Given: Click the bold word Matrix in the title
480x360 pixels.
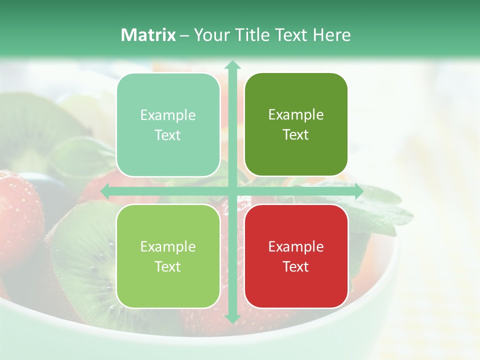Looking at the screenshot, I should [148, 35].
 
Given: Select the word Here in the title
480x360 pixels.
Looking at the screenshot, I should [331, 35].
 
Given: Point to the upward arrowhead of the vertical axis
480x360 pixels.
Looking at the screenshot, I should [232, 64].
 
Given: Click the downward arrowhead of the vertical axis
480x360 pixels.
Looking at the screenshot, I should [232, 318].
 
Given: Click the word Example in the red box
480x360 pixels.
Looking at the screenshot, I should [296, 246].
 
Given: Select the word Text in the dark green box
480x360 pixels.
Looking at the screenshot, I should [296, 134].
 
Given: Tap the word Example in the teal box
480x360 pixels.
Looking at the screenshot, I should [168, 115].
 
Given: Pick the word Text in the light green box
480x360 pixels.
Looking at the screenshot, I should [168, 266].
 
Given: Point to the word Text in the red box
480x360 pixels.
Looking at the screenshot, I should [296, 266].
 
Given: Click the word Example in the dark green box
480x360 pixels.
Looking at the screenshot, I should [296, 114].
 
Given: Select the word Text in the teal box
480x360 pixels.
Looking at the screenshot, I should [168, 135].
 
